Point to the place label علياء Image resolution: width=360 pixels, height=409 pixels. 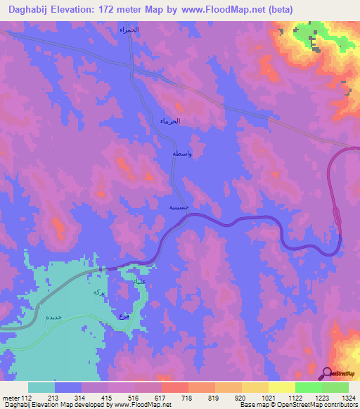pos(140,281)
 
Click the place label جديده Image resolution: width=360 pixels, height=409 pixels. pos(54,317)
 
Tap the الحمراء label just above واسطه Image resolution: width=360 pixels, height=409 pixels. pos(170,121)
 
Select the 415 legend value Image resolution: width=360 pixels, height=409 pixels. pos(108,397)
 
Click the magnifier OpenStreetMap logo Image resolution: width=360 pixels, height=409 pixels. pos(328,373)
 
